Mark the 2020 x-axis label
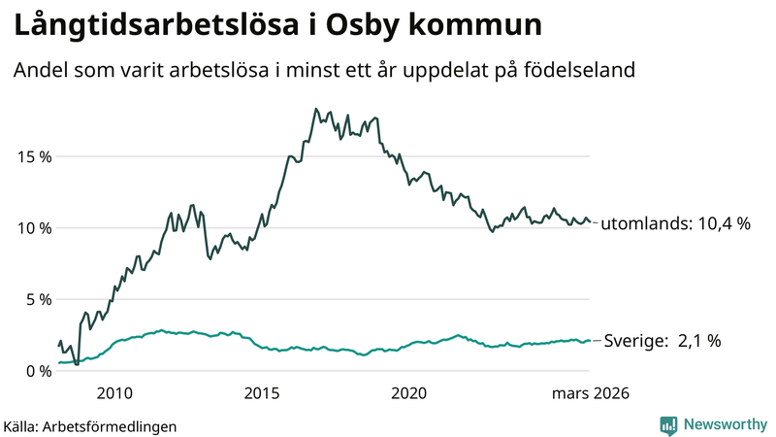(408, 393)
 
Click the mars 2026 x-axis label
(591, 393)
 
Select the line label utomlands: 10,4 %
(676, 223)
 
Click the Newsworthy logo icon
(668, 424)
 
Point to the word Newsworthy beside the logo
(724, 424)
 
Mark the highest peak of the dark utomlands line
(316, 109)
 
